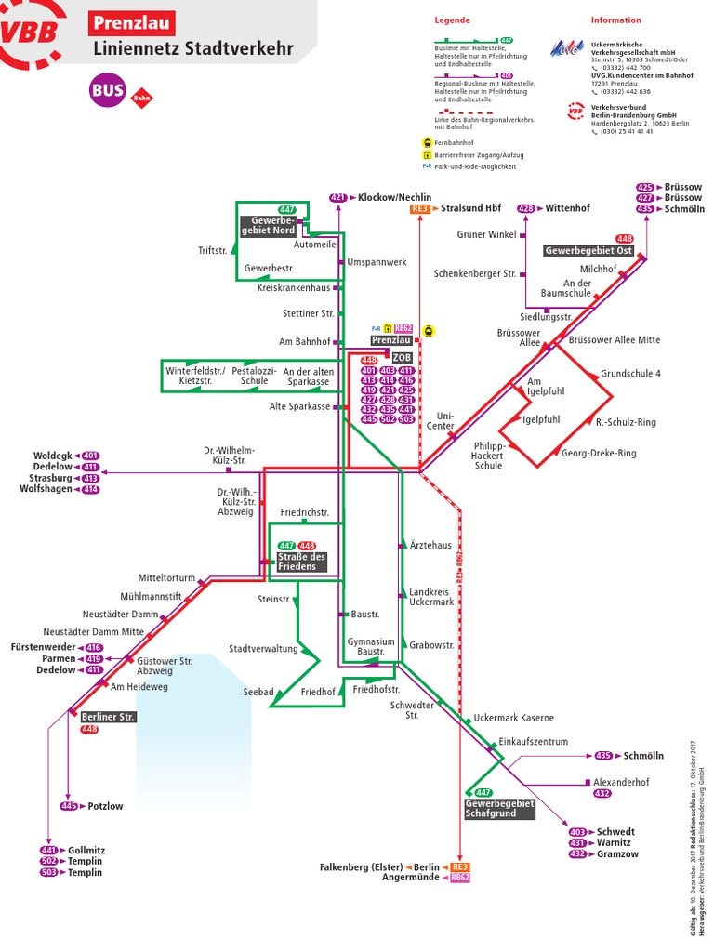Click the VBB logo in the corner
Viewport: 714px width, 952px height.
click(x=33, y=33)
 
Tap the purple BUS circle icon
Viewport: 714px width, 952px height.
click(x=108, y=90)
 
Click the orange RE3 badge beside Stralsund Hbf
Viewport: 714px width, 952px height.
click(x=420, y=209)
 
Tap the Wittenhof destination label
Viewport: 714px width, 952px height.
click(x=567, y=208)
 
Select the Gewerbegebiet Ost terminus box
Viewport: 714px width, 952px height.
click(x=588, y=251)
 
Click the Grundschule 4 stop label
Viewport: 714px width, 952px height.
click(x=630, y=374)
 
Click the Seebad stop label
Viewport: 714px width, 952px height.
click(x=258, y=692)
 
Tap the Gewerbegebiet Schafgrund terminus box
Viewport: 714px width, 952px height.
click(x=499, y=808)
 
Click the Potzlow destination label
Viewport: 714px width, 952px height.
click(x=105, y=806)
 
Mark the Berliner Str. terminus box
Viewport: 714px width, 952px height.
click(x=108, y=717)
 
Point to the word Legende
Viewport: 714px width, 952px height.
click(x=452, y=20)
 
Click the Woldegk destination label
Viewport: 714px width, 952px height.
click(x=52, y=456)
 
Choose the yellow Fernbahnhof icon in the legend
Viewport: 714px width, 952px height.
click(x=426, y=142)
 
